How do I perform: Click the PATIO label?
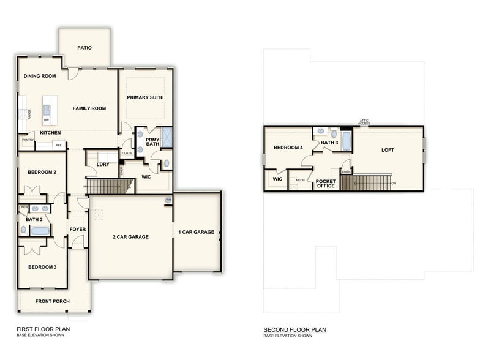(x=84, y=48)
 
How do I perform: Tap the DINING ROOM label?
(x=40, y=77)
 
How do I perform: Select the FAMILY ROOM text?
(x=89, y=108)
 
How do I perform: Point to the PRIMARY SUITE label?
(x=145, y=97)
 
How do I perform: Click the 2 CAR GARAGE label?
(x=130, y=237)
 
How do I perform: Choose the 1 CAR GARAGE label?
(x=197, y=232)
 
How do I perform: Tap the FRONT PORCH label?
(x=53, y=301)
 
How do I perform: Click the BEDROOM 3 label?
(x=42, y=267)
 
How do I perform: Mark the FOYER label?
(x=78, y=230)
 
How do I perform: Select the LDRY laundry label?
(x=103, y=163)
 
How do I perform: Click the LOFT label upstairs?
(x=388, y=150)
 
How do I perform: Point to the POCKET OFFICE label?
(x=326, y=184)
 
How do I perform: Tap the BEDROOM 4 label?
(x=288, y=148)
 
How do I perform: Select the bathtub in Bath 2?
(x=41, y=231)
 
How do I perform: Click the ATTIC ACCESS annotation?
(x=364, y=122)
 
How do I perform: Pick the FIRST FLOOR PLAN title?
(x=43, y=329)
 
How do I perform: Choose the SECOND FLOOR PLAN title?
(x=294, y=330)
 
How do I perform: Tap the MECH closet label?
(x=300, y=180)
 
